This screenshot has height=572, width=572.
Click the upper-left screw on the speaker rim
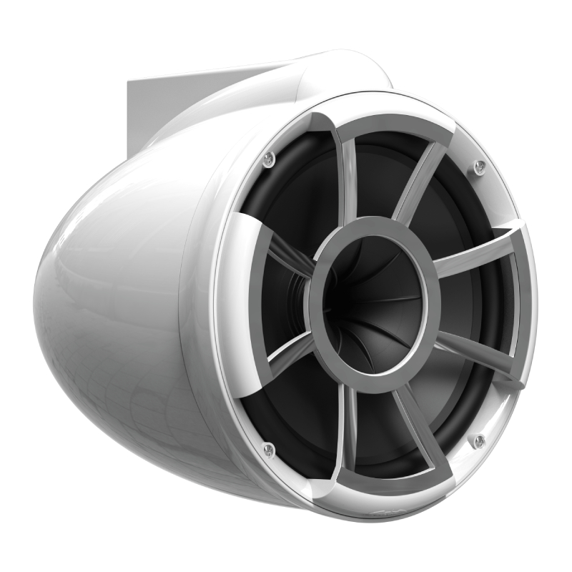click(268, 159)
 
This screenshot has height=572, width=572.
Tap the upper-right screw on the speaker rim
click(480, 167)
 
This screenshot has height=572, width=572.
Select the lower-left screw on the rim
click(268, 450)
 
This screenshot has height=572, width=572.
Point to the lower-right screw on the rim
click(479, 440)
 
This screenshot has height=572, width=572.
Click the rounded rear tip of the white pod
click(43, 293)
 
